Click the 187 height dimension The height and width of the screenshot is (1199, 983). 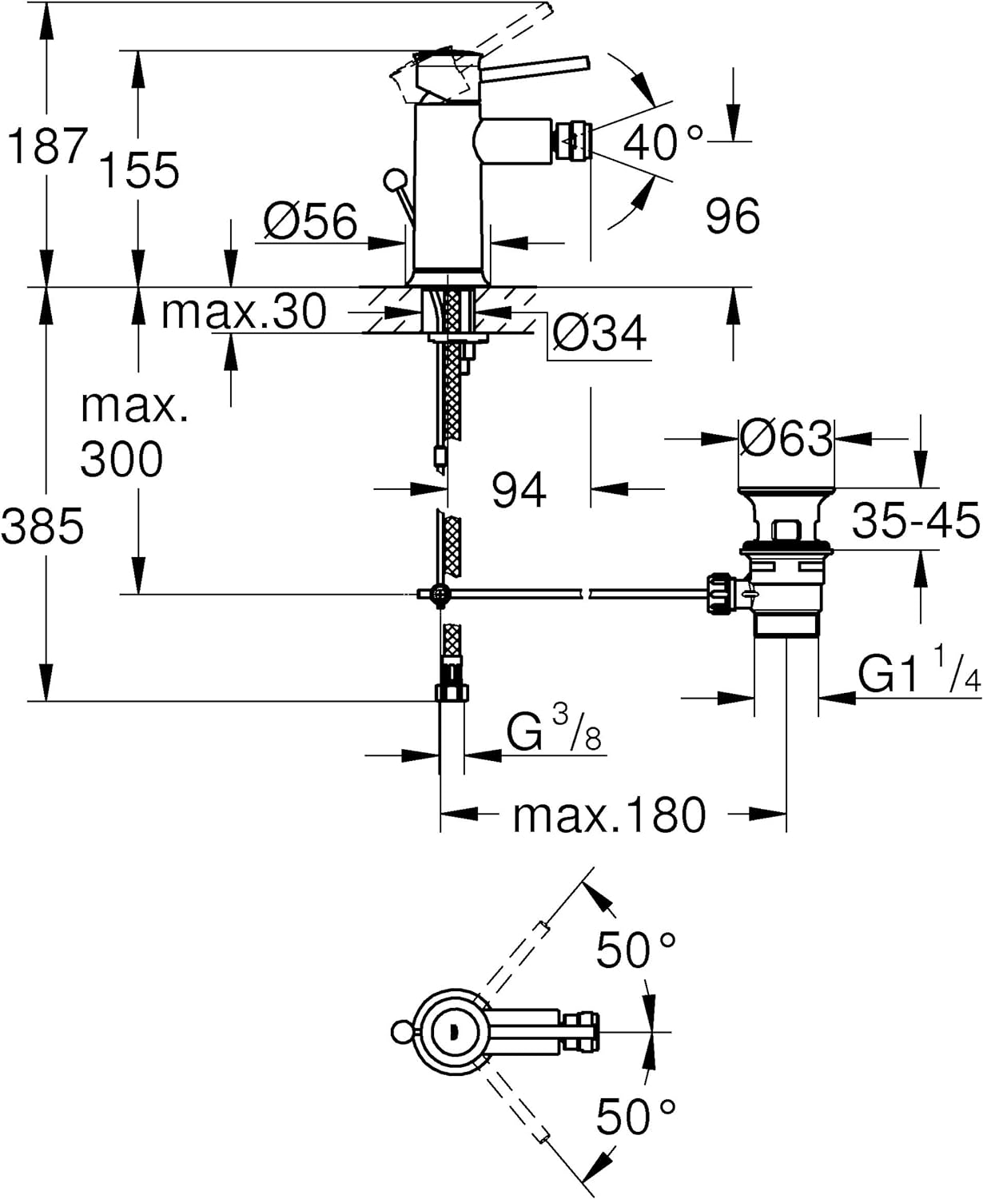point(46,146)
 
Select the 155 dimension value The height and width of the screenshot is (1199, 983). point(139,169)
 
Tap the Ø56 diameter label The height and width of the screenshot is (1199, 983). point(310,221)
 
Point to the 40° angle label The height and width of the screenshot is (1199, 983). point(663,142)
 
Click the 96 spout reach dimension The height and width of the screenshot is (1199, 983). point(732,216)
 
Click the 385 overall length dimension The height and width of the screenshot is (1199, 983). point(42,526)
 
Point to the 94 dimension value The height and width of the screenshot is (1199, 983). point(519,489)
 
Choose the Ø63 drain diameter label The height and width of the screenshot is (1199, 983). point(786,438)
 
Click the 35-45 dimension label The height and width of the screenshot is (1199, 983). point(915,520)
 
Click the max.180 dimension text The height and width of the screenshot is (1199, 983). point(610,815)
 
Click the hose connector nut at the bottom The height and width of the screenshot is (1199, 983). point(452,692)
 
